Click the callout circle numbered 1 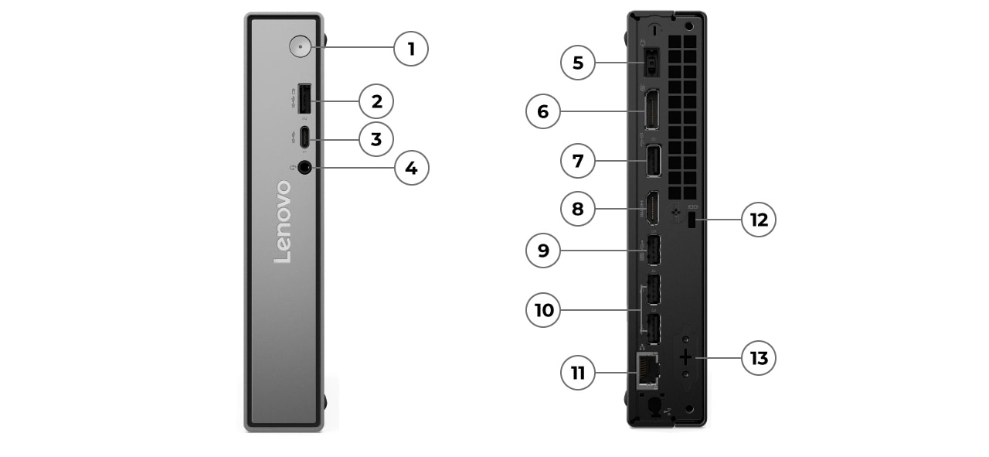[410, 49]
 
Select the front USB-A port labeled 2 [304, 99]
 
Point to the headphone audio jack [304, 167]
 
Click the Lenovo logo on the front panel [283, 222]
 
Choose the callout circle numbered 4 [411, 168]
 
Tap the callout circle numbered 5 [578, 63]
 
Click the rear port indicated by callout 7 [652, 161]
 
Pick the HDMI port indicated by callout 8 [652, 207]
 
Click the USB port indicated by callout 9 [652, 250]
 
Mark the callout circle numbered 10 [543, 310]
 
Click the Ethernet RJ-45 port [646, 370]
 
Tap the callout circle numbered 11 [578, 373]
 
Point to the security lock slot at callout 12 [692, 220]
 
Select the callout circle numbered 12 [758, 220]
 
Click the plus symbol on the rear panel [685, 358]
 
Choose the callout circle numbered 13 [758, 358]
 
